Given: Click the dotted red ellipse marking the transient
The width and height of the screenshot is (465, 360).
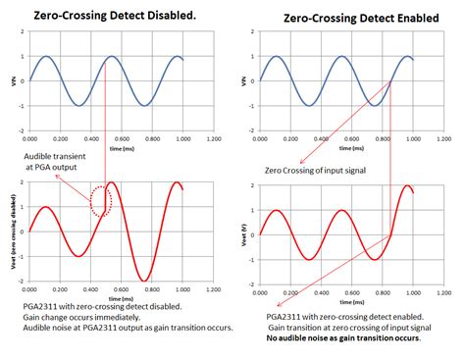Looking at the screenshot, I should point(101,200).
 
